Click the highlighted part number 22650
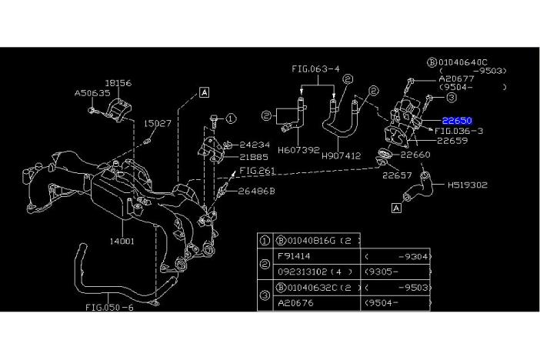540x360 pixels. [x=457, y=122]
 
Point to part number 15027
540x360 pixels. [x=159, y=123]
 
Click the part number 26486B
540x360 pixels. [x=256, y=190]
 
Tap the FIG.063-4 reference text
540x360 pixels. [x=316, y=68]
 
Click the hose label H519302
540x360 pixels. [x=468, y=185]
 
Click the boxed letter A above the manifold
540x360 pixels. [x=205, y=92]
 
